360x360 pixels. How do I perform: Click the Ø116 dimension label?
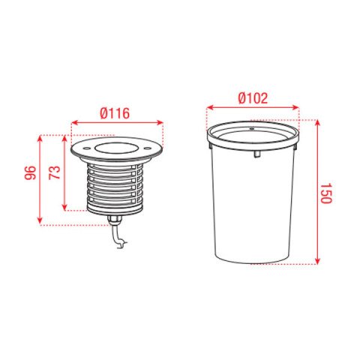[115, 113]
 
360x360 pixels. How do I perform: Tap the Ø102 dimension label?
[253, 98]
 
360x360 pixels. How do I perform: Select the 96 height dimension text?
[30, 172]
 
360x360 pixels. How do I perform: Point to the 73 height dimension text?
[54, 172]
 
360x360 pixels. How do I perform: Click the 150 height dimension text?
[325, 193]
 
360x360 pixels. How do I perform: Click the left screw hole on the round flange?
[86, 148]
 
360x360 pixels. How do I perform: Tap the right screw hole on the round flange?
[147, 148]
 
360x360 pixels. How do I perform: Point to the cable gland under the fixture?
[115, 220]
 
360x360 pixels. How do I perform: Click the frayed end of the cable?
[122, 244]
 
